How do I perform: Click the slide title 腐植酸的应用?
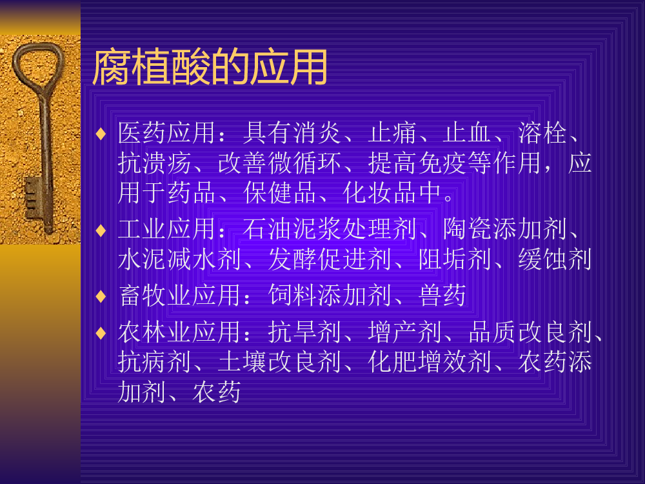tap(210, 66)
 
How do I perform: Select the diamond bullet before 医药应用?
tap(101, 134)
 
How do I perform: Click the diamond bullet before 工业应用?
tap(101, 230)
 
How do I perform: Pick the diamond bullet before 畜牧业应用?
tap(101, 296)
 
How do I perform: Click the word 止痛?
tap(392, 133)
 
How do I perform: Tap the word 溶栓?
tap(542, 133)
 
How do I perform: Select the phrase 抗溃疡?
tap(154, 163)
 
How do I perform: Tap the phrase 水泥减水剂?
tap(179, 259)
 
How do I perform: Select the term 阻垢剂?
tap(455, 259)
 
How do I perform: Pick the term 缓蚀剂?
tap(555, 259)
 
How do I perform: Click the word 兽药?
tap(442, 295)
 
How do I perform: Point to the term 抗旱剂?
tap(304, 332)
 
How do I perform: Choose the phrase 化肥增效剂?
tap(430, 362)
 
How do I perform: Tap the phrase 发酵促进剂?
tap(330, 259)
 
